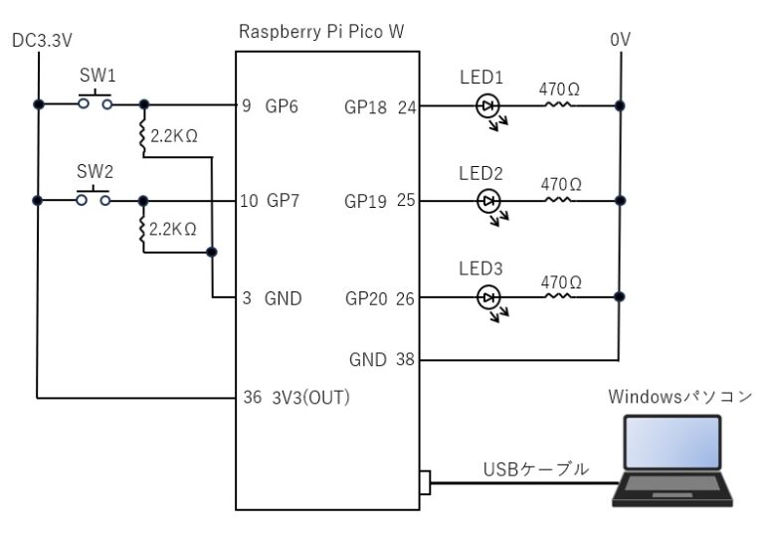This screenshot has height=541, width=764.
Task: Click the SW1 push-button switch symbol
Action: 95,100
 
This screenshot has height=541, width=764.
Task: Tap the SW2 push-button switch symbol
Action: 95,197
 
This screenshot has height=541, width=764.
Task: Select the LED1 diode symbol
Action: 488,104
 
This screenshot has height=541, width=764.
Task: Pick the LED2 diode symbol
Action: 488,201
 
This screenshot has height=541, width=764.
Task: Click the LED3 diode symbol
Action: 488,297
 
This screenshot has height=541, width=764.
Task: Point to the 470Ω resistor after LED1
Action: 559,104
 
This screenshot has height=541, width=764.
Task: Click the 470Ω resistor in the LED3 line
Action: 559,297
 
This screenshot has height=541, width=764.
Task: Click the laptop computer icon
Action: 671,461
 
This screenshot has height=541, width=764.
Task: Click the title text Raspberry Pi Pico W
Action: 321,32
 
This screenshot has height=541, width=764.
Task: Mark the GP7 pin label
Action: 282,201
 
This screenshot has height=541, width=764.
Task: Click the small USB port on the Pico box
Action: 426,482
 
